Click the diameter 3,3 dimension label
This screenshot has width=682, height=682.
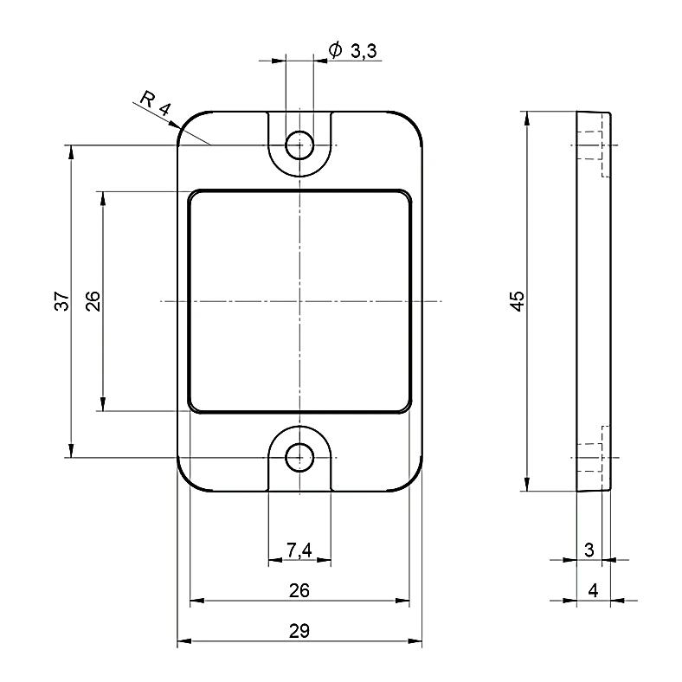point(353,51)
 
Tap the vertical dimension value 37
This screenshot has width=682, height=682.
point(62,301)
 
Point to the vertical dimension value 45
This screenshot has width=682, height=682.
point(518,301)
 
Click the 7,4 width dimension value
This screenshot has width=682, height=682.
point(299,550)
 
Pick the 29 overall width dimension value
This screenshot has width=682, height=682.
point(299,631)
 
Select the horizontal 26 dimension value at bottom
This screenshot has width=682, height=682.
point(299,590)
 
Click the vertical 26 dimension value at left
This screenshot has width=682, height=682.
point(93,301)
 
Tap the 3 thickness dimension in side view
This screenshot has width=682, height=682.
point(589,550)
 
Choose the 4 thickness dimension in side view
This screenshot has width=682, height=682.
point(593,590)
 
